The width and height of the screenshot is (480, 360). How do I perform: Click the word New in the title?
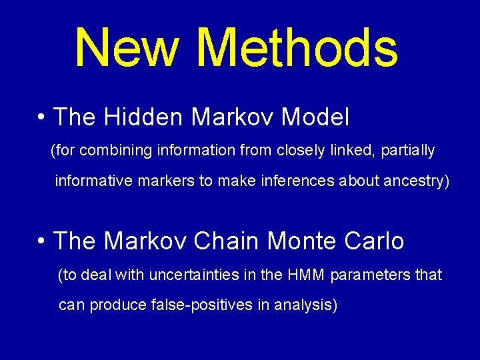tap(127, 48)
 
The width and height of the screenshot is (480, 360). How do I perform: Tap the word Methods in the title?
tap(298, 48)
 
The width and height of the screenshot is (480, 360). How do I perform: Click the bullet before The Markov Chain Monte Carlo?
tap(41, 241)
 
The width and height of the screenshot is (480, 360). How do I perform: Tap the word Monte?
tap(303, 241)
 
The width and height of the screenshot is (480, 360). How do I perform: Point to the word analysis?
tap(307, 305)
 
